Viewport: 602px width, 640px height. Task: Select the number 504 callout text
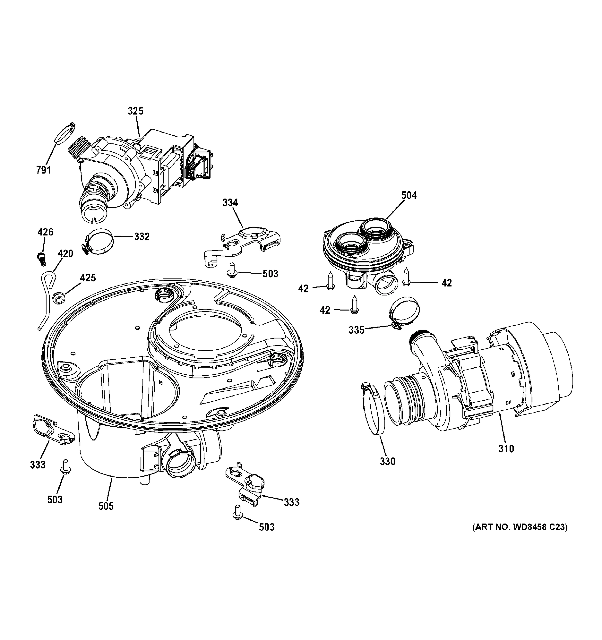click(409, 195)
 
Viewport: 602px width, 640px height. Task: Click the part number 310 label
click(506, 449)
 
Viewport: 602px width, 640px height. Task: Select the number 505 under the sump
click(106, 506)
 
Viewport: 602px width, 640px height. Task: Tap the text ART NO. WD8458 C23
click(520, 527)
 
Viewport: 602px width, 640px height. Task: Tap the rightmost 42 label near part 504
click(446, 283)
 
